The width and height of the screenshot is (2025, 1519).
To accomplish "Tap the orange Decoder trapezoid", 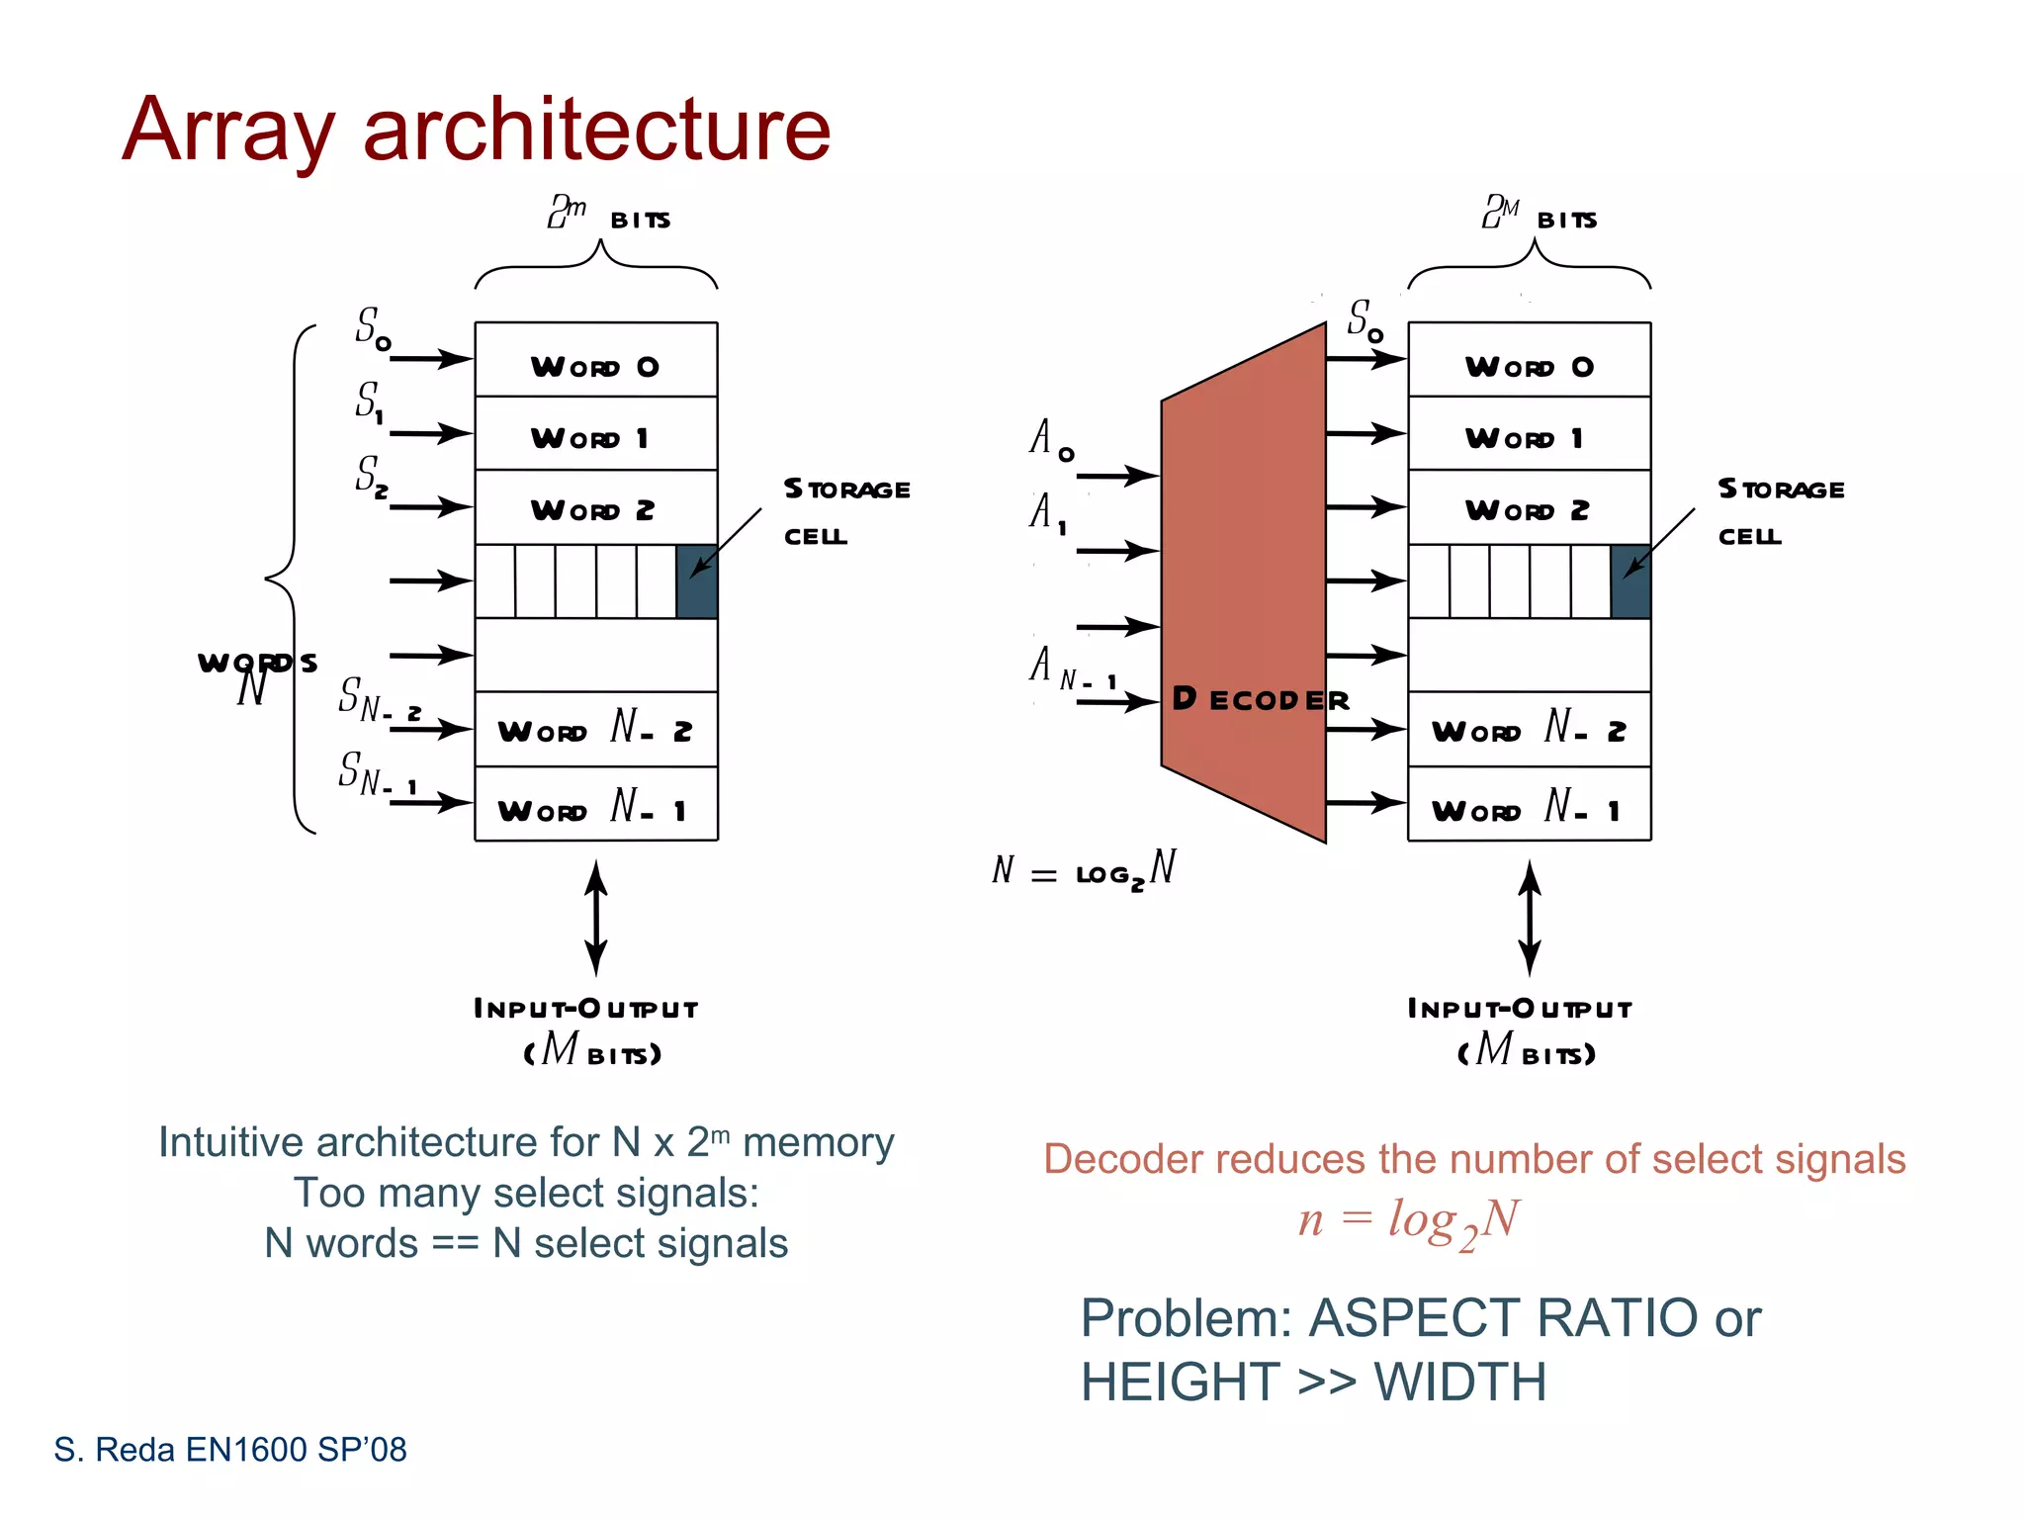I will (1244, 583).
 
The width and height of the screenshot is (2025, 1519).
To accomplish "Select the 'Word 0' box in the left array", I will (595, 361).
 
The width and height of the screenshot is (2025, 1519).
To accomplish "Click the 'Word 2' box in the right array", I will (1529, 508).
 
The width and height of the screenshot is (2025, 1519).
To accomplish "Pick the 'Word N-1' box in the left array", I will (595, 806).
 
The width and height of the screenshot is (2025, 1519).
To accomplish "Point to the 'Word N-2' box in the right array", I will (1529, 731).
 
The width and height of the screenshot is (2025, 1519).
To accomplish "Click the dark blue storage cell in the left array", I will (697, 581).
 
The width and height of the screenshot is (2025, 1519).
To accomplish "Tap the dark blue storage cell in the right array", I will (1630, 581).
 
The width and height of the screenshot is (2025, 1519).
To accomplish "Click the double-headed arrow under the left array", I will (595, 918).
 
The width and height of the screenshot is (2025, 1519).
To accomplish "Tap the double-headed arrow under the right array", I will (1530, 918).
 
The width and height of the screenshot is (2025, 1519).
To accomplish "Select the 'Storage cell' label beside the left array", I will (845, 511).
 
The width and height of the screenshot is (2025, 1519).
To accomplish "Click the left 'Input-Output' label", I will (586, 1009).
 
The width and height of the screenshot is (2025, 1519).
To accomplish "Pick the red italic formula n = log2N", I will (1408, 1221).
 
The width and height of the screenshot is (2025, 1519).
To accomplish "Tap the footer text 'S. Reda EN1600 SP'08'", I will (230, 1450).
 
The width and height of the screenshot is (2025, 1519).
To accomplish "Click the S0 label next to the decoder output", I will (1365, 320).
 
